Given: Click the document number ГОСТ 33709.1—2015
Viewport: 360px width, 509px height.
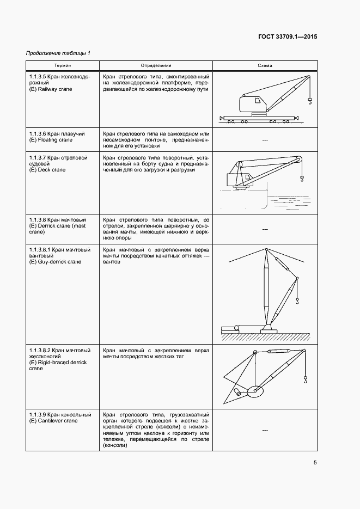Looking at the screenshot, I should [287, 37].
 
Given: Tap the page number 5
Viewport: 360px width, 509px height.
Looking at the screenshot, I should [315, 463].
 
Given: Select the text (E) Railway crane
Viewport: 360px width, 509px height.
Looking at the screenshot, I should [51, 89].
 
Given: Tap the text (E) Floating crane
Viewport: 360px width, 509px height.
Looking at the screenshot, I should [51, 140].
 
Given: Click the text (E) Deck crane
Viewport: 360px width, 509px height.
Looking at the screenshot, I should [47, 170].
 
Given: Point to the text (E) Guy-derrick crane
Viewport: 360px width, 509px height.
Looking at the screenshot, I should [55, 262].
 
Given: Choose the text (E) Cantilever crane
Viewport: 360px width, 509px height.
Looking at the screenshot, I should [53, 420].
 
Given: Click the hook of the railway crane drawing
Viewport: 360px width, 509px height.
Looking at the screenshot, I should [310, 100].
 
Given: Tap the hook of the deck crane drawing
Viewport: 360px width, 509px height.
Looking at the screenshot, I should [301, 177].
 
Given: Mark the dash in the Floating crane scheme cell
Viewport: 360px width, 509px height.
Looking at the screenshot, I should [265, 140].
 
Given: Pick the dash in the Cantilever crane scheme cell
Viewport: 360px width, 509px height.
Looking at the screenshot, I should [265, 431].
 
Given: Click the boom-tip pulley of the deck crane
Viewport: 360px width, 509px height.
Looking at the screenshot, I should [298, 159].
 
